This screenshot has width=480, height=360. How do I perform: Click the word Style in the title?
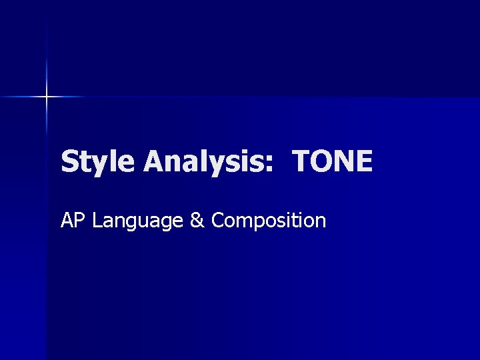(x=99, y=162)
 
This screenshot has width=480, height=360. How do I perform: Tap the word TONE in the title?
(x=332, y=161)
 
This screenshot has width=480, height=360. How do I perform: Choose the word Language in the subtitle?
(x=138, y=221)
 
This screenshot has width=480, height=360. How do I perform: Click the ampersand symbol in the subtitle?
(x=197, y=220)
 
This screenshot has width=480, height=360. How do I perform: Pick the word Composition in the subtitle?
(x=269, y=221)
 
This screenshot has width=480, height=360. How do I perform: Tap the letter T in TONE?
(x=302, y=161)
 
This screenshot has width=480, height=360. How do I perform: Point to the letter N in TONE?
(x=343, y=161)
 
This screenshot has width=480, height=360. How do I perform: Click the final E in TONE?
(x=363, y=161)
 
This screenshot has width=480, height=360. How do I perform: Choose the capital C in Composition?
(x=218, y=220)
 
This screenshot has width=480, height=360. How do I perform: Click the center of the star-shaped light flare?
(x=47, y=97)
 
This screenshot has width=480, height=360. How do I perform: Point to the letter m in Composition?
(x=244, y=222)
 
